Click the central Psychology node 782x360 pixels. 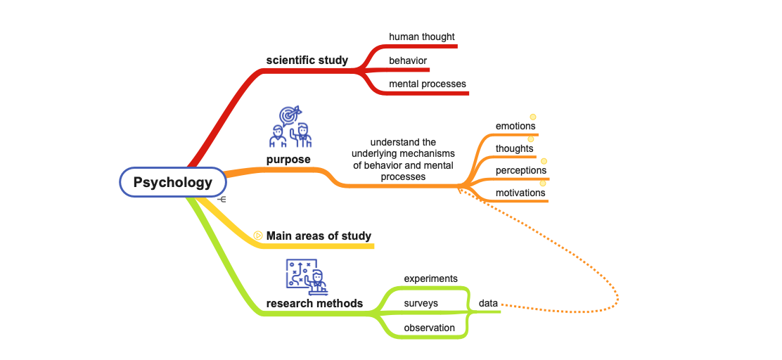click(173, 183)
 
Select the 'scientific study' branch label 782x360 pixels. click(307, 60)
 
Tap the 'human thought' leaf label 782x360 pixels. click(421, 37)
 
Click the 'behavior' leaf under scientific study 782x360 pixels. click(408, 60)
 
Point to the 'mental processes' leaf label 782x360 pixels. click(428, 84)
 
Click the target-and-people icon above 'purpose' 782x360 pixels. click(290, 127)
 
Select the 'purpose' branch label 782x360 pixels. click(288, 160)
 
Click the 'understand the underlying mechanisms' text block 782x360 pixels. click(403, 160)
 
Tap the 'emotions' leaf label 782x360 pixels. click(515, 126)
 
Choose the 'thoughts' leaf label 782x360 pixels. click(514, 148)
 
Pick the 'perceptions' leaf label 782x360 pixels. click(520, 170)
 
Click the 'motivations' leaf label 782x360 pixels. click(520, 193)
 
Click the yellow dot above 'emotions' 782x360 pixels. click(533, 117)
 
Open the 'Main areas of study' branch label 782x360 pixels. click(319, 236)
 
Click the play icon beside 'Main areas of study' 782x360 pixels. click(258, 236)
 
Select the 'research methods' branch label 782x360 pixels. click(314, 304)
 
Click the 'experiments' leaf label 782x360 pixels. click(430, 278)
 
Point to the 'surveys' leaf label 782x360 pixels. click(421, 303)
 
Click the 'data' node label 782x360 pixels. click(488, 303)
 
